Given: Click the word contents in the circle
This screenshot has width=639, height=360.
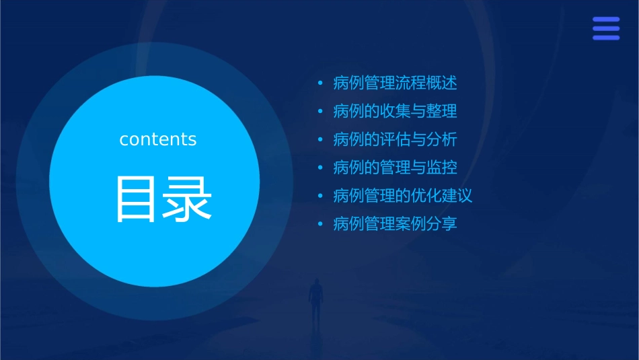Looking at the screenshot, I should point(158,139).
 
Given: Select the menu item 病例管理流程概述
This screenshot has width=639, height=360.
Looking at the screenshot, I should point(395,83).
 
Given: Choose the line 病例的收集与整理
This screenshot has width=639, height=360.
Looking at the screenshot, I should point(395,111).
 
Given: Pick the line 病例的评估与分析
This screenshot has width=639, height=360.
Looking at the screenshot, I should point(395,139).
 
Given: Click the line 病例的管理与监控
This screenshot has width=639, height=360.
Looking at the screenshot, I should point(395,167).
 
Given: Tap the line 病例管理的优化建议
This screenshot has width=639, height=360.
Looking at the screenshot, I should point(402,196).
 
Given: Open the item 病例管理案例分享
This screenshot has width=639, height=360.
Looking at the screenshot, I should point(395,223).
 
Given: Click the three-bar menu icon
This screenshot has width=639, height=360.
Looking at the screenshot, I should point(606,29).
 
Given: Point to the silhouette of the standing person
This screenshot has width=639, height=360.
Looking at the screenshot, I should point(315,300).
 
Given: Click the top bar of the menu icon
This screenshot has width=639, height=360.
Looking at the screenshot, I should point(606,20).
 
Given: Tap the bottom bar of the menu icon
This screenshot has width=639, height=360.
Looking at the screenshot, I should point(606,38).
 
